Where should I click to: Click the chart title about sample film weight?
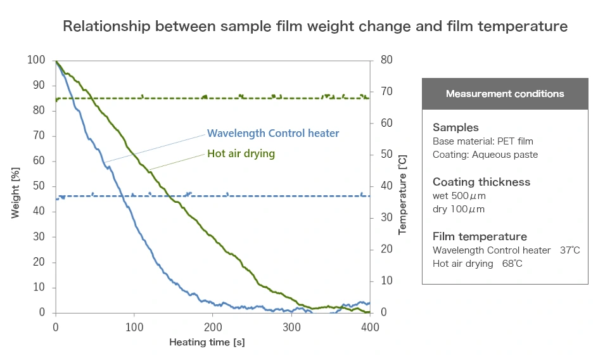click(315, 27)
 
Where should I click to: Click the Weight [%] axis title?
click(16, 186)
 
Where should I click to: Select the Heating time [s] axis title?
click(207, 342)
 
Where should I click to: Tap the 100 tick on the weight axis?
click(36, 60)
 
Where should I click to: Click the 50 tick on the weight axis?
click(39, 186)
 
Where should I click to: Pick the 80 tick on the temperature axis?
click(386, 60)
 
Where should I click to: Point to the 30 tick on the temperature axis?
click(386, 218)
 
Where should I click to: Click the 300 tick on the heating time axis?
click(291, 327)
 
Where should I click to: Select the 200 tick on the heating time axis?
click(213, 327)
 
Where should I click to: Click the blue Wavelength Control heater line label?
click(273, 133)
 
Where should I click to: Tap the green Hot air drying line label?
click(241, 153)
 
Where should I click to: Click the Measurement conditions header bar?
click(505, 94)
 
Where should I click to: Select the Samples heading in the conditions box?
click(455, 127)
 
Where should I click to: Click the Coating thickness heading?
click(481, 182)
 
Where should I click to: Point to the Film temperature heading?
click(480, 236)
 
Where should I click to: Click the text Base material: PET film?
click(483, 141)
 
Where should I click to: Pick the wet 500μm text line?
click(459, 196)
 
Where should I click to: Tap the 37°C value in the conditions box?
click(569, 250)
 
